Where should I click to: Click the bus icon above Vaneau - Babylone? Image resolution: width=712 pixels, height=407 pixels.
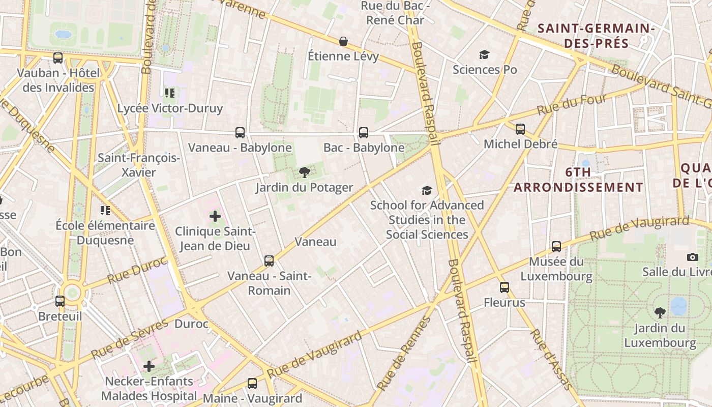coord(240,133)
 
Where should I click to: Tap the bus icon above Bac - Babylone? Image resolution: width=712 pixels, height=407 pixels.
coord(364,133)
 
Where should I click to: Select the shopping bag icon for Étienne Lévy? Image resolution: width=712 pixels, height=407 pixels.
coord(344,41)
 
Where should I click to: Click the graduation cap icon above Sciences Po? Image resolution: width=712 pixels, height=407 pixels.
coord(484,54)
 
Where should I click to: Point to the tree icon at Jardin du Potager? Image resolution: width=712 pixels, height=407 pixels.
coord(305,172)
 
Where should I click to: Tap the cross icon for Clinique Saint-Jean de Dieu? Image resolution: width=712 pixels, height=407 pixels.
coord(215,216)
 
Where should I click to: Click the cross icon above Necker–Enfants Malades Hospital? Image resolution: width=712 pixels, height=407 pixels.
coord(149,366)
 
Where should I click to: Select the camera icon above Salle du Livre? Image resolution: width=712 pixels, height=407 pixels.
coord(693,257)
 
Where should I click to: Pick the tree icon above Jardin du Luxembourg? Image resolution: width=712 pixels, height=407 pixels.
coord(660,312)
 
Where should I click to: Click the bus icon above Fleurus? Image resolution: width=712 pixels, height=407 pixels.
coord(505,287)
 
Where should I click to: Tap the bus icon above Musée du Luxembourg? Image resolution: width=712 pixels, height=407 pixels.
coord(556,247)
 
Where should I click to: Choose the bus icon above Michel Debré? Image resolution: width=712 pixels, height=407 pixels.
coord(520,129)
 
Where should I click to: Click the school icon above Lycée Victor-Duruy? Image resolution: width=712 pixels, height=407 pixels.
coord(170,93)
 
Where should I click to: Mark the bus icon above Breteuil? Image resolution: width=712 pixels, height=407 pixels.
coord(60,301)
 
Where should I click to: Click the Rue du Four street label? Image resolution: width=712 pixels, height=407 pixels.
coord(572,104)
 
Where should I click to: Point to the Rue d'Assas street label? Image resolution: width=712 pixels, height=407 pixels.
coord(550,359)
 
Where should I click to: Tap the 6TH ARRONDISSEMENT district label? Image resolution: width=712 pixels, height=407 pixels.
coord(579,180)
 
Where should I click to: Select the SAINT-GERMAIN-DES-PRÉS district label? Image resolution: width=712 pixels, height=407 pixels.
coord(596,35)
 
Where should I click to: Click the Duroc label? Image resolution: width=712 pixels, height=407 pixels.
coord(191,324)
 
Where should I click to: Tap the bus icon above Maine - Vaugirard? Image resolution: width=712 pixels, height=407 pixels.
coord(252,383)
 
